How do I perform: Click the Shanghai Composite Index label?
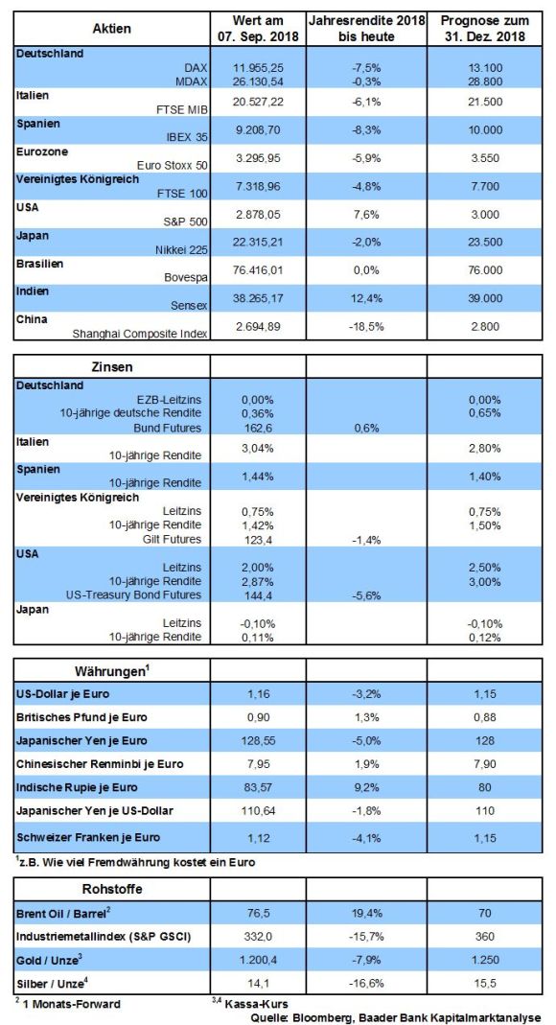pyautogui.click(x=140, y=333)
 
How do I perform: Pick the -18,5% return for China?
pyautogui.click(x=366, y=326)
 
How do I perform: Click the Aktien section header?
pyautogui.click(x=112, y=29)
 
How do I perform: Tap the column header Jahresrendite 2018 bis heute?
pyautogui.click(x=366, y=29)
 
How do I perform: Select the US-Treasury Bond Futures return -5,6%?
pyautogui.click(x=366, y=595)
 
